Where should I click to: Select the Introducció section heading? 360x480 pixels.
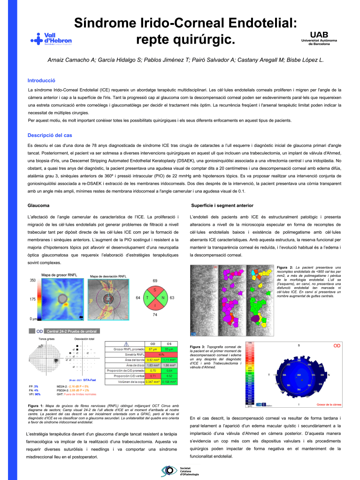(x=42, y=80)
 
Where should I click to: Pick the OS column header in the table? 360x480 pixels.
(x=171, y=343)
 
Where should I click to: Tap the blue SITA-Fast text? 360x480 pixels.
(x=90, y=380)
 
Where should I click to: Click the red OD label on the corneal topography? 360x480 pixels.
(x=337, y=346)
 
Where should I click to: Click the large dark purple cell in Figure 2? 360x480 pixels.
(x=255, y=319)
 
